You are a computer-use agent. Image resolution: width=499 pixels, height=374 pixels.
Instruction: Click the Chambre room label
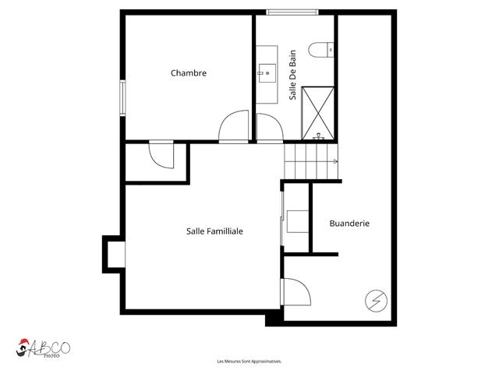[x=189, y=73]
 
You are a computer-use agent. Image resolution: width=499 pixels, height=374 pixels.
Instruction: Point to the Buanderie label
[x=349, y=223]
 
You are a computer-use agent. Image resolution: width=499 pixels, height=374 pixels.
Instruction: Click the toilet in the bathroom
[x=319, y=51]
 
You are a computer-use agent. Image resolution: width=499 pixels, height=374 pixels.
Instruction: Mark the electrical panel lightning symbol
[x=375, y=299]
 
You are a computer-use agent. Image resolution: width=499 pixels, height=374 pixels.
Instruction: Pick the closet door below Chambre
[x=162, y=154]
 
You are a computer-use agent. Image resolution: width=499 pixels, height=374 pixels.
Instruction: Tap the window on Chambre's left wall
[x=122, y=98]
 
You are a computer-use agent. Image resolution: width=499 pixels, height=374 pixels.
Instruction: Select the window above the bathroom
[x=292, y=12]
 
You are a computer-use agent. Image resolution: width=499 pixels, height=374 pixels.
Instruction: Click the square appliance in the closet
[x=297, y=221]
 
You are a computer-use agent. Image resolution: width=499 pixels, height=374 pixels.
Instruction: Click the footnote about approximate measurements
[x=249, y=362]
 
